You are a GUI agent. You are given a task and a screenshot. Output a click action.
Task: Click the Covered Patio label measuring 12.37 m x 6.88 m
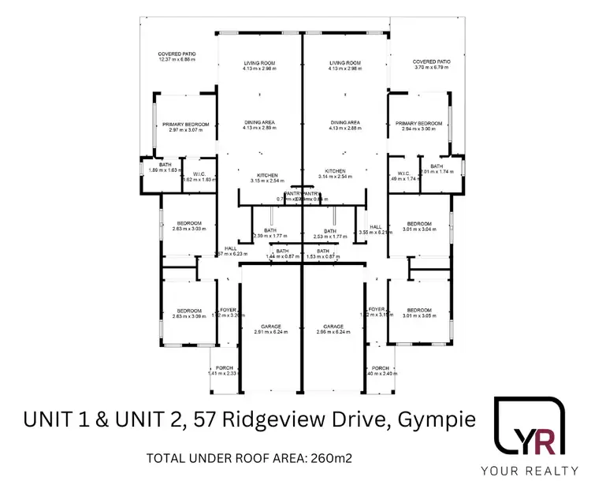point(177,57)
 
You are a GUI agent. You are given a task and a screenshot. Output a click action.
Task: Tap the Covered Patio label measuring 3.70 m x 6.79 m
point(430,65)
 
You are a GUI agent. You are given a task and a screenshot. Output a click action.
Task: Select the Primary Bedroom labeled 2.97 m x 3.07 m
point(185,127)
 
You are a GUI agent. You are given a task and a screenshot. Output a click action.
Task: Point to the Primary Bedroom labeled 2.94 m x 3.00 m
point(418,127)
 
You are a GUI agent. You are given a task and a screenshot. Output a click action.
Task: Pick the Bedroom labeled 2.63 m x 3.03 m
point(188,226)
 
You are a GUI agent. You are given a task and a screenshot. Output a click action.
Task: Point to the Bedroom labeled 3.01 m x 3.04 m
point(419,226)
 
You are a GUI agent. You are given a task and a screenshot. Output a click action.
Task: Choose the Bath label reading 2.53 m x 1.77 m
point(330,234)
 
